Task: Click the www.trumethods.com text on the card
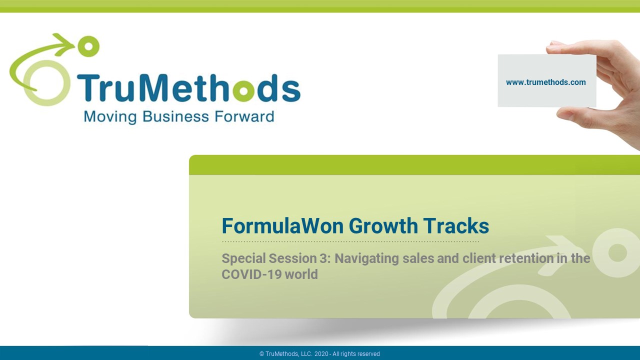click(x=545, y=82)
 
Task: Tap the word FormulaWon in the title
click(x=282, y=226)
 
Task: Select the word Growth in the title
click(x=383, y=226)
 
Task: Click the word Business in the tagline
click(x=175, y=116)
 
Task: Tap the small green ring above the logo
click(x=88, y=46)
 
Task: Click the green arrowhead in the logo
click(x=64, y=44)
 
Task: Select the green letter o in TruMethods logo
click(x=243, y=90)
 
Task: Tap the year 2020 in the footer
click(x=321, y=354)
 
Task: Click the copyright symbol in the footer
click(x=261, y=354)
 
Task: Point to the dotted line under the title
click(x=350, y=241)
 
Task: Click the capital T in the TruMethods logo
click(x=87, y=87)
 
